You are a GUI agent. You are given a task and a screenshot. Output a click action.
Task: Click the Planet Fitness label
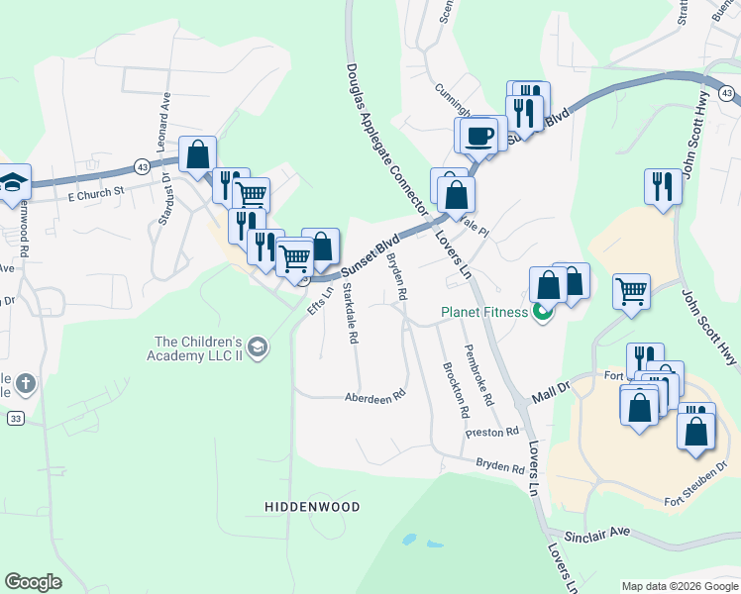pyautogui.click(x=485, y=314)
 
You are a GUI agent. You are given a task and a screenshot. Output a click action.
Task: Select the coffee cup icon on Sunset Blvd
pyautogui.click(x=479, y=135)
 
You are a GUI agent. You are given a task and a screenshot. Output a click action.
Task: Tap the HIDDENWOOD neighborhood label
pyautogui.click(x=312, y=507)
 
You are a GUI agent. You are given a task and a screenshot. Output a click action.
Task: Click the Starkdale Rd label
pyautogui.click(x=350, y=313)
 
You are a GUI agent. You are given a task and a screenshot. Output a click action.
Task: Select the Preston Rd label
pyautogui.click(x=492, y=433)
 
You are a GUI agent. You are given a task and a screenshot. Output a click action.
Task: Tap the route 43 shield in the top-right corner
pyautogui.click(x=727, y=93)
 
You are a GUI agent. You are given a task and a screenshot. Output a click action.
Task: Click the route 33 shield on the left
pyautogui.click(x=16, y=420)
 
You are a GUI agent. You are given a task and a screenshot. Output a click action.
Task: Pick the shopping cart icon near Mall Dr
pyautogui.click(x=631, y=292)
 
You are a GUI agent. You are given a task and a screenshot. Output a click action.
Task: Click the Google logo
pyautogui.click(x=33, y=582)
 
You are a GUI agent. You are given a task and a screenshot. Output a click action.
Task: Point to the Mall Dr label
pyautogui.click(x=552, y=387)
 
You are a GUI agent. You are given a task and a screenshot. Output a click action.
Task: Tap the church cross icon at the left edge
pyautogui.click(x=26, y=382)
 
